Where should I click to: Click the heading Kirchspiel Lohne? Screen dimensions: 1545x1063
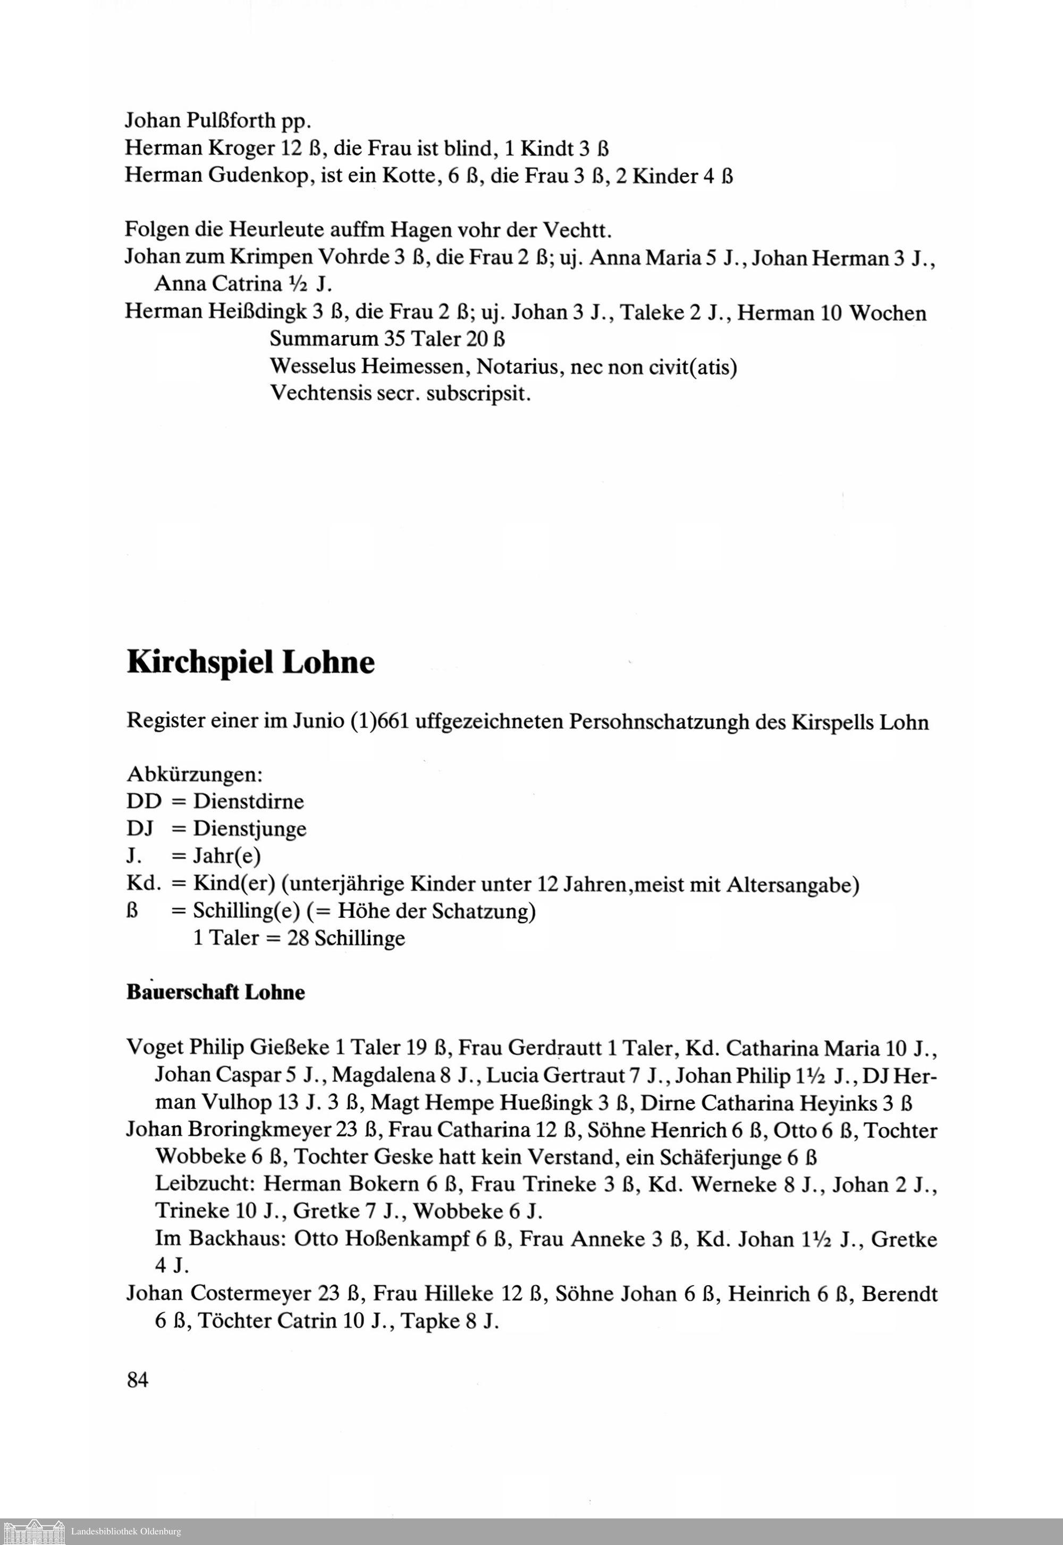250,663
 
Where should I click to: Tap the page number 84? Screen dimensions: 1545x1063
137,1380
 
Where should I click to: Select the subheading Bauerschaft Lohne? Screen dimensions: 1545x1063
216,992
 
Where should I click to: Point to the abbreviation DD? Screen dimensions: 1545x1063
144,801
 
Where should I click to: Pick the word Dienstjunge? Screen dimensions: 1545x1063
250,829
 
